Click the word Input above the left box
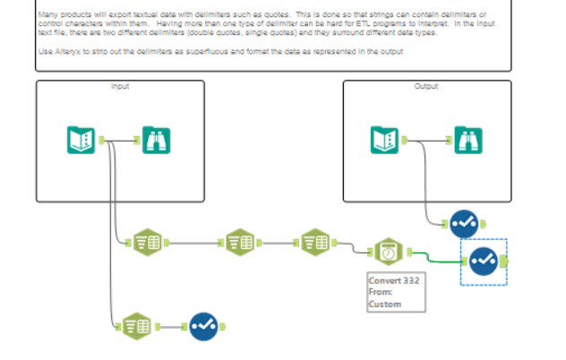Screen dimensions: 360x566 [120, 86]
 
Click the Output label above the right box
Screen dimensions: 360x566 [426, 86]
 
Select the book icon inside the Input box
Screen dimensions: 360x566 [81, 139]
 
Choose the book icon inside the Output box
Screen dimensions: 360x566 [384, 139]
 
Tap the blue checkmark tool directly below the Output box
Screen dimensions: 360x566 [464, 221]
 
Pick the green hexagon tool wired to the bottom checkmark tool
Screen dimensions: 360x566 [135, 327]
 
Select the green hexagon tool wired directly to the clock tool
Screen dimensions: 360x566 [314, 242]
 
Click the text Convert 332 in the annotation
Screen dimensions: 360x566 [394, 279]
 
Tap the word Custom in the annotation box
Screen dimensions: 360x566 [385, 304]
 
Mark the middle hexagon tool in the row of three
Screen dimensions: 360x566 [239, 242]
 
